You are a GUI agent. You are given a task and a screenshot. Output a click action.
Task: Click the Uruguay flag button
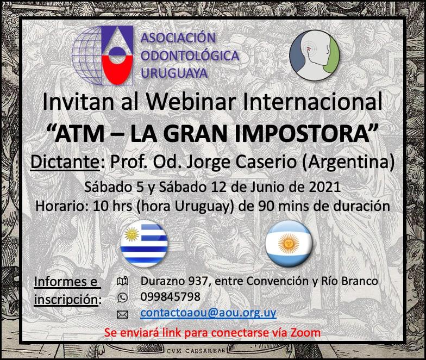click(144, 244)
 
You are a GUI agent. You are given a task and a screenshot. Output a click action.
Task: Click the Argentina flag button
click(289, 244)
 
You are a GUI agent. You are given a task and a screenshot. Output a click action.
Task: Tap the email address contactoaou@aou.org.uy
click(209, 313)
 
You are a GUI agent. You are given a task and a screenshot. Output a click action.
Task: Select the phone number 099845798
click(171, 297)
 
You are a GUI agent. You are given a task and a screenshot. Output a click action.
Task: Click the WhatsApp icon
click(122, 297)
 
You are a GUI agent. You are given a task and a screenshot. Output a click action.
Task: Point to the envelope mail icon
click(122, 314)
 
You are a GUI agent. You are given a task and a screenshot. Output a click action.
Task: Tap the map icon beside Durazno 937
click(122, 281)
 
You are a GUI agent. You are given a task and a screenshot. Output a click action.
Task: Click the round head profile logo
click(314, 55)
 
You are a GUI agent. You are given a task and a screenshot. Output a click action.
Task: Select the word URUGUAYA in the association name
click(174, 73)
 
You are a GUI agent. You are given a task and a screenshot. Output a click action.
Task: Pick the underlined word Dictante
click(65, 162)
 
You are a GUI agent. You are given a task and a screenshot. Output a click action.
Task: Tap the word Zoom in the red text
click(305, 333)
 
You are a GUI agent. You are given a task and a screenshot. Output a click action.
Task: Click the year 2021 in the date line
click(325, 187)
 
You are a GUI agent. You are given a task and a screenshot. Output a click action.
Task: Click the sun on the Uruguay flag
click(131, 234)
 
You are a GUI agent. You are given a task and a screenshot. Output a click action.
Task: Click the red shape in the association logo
click(117, 69)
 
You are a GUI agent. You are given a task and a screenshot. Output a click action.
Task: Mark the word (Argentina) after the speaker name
click(348, 162)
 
